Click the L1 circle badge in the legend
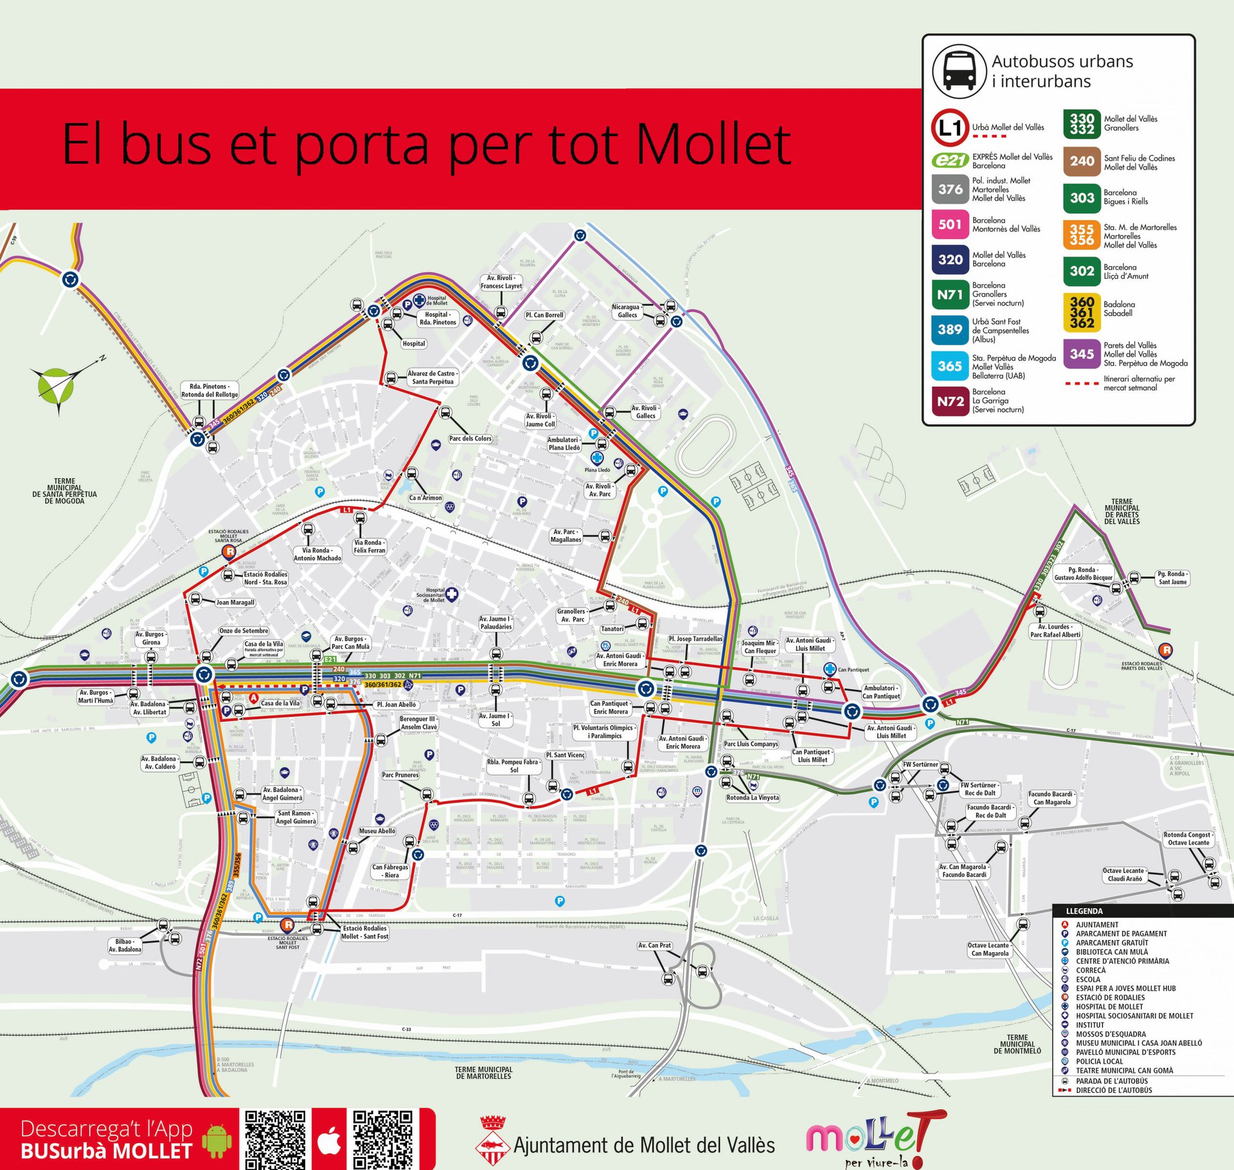949,127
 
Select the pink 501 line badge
950,224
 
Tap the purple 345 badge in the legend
1082,354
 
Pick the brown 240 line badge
1082,161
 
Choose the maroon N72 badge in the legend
950,401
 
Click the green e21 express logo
950,161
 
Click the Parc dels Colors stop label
470,438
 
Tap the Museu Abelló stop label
377,831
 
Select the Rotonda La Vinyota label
752,798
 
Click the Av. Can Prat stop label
654,946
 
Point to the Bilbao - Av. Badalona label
125,946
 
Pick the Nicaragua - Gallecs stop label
626,311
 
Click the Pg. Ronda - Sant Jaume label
1172,578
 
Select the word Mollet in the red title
713,145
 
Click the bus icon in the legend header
959,71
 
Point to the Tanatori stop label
612,629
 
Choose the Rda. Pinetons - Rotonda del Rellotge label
210,391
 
